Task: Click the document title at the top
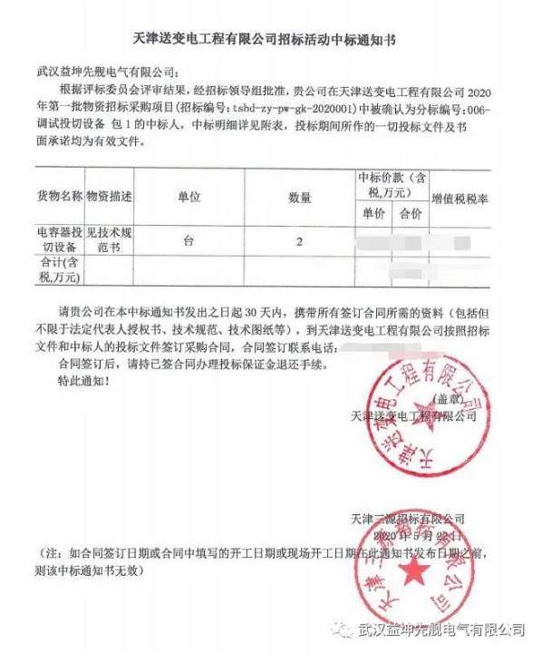coord(270,39)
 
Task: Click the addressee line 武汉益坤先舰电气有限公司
coord(105,71)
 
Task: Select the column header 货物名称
coord(60,196)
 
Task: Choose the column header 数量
coord(299,197)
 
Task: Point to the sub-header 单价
coord(374,214)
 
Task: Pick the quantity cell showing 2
coord(299,241)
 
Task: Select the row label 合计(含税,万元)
coord(60,268)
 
